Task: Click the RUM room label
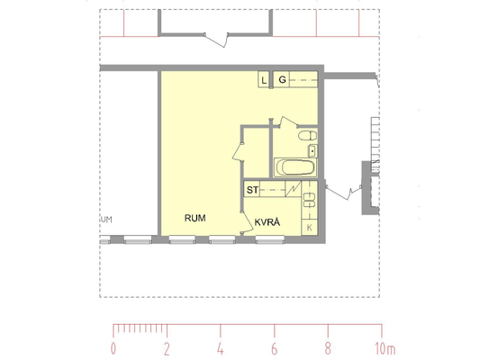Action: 195,218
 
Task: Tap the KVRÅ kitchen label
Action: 267,222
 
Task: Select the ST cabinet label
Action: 252,190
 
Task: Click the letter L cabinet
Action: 264,80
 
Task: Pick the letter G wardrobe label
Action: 282,80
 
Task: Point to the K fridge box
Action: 310,228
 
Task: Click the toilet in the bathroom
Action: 307,135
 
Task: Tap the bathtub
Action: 295,167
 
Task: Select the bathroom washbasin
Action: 312,151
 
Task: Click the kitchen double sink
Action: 310,200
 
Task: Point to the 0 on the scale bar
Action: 113,348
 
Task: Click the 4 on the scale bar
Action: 221,348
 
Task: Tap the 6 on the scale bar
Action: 275,348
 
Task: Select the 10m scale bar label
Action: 385,348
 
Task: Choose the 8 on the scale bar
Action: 328,348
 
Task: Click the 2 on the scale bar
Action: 167,348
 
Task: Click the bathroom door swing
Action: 288,121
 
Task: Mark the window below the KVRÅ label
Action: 270,239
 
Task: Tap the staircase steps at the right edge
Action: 376,144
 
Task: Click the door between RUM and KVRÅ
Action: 247,222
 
